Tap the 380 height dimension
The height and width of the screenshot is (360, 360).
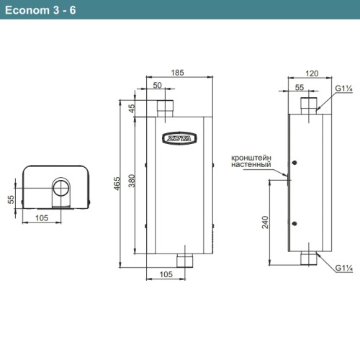pyautogui.click(x=131, y=184)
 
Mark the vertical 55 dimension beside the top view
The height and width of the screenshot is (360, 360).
pyautogui.click(x=11, y=199)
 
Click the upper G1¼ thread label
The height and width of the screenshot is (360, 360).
pyautogui.click(x=343, y=89)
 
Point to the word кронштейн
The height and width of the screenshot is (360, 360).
pyautogui.click(x=251, y=157)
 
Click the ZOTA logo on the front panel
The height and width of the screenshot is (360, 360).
pyautogui.click(x=179, y=138)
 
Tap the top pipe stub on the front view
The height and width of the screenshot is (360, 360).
pyautogui.click(x=167, y=109)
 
